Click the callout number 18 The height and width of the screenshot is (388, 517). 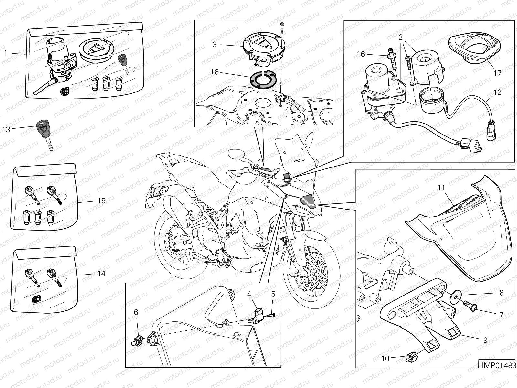215,72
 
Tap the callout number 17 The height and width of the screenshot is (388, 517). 497,73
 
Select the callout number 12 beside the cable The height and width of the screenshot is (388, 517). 497,92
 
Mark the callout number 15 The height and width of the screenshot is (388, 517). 101,201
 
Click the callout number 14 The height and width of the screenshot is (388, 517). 101,274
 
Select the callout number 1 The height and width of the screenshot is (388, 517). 6,53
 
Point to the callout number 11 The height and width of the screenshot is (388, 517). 441,188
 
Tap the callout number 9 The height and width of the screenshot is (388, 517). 485,340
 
